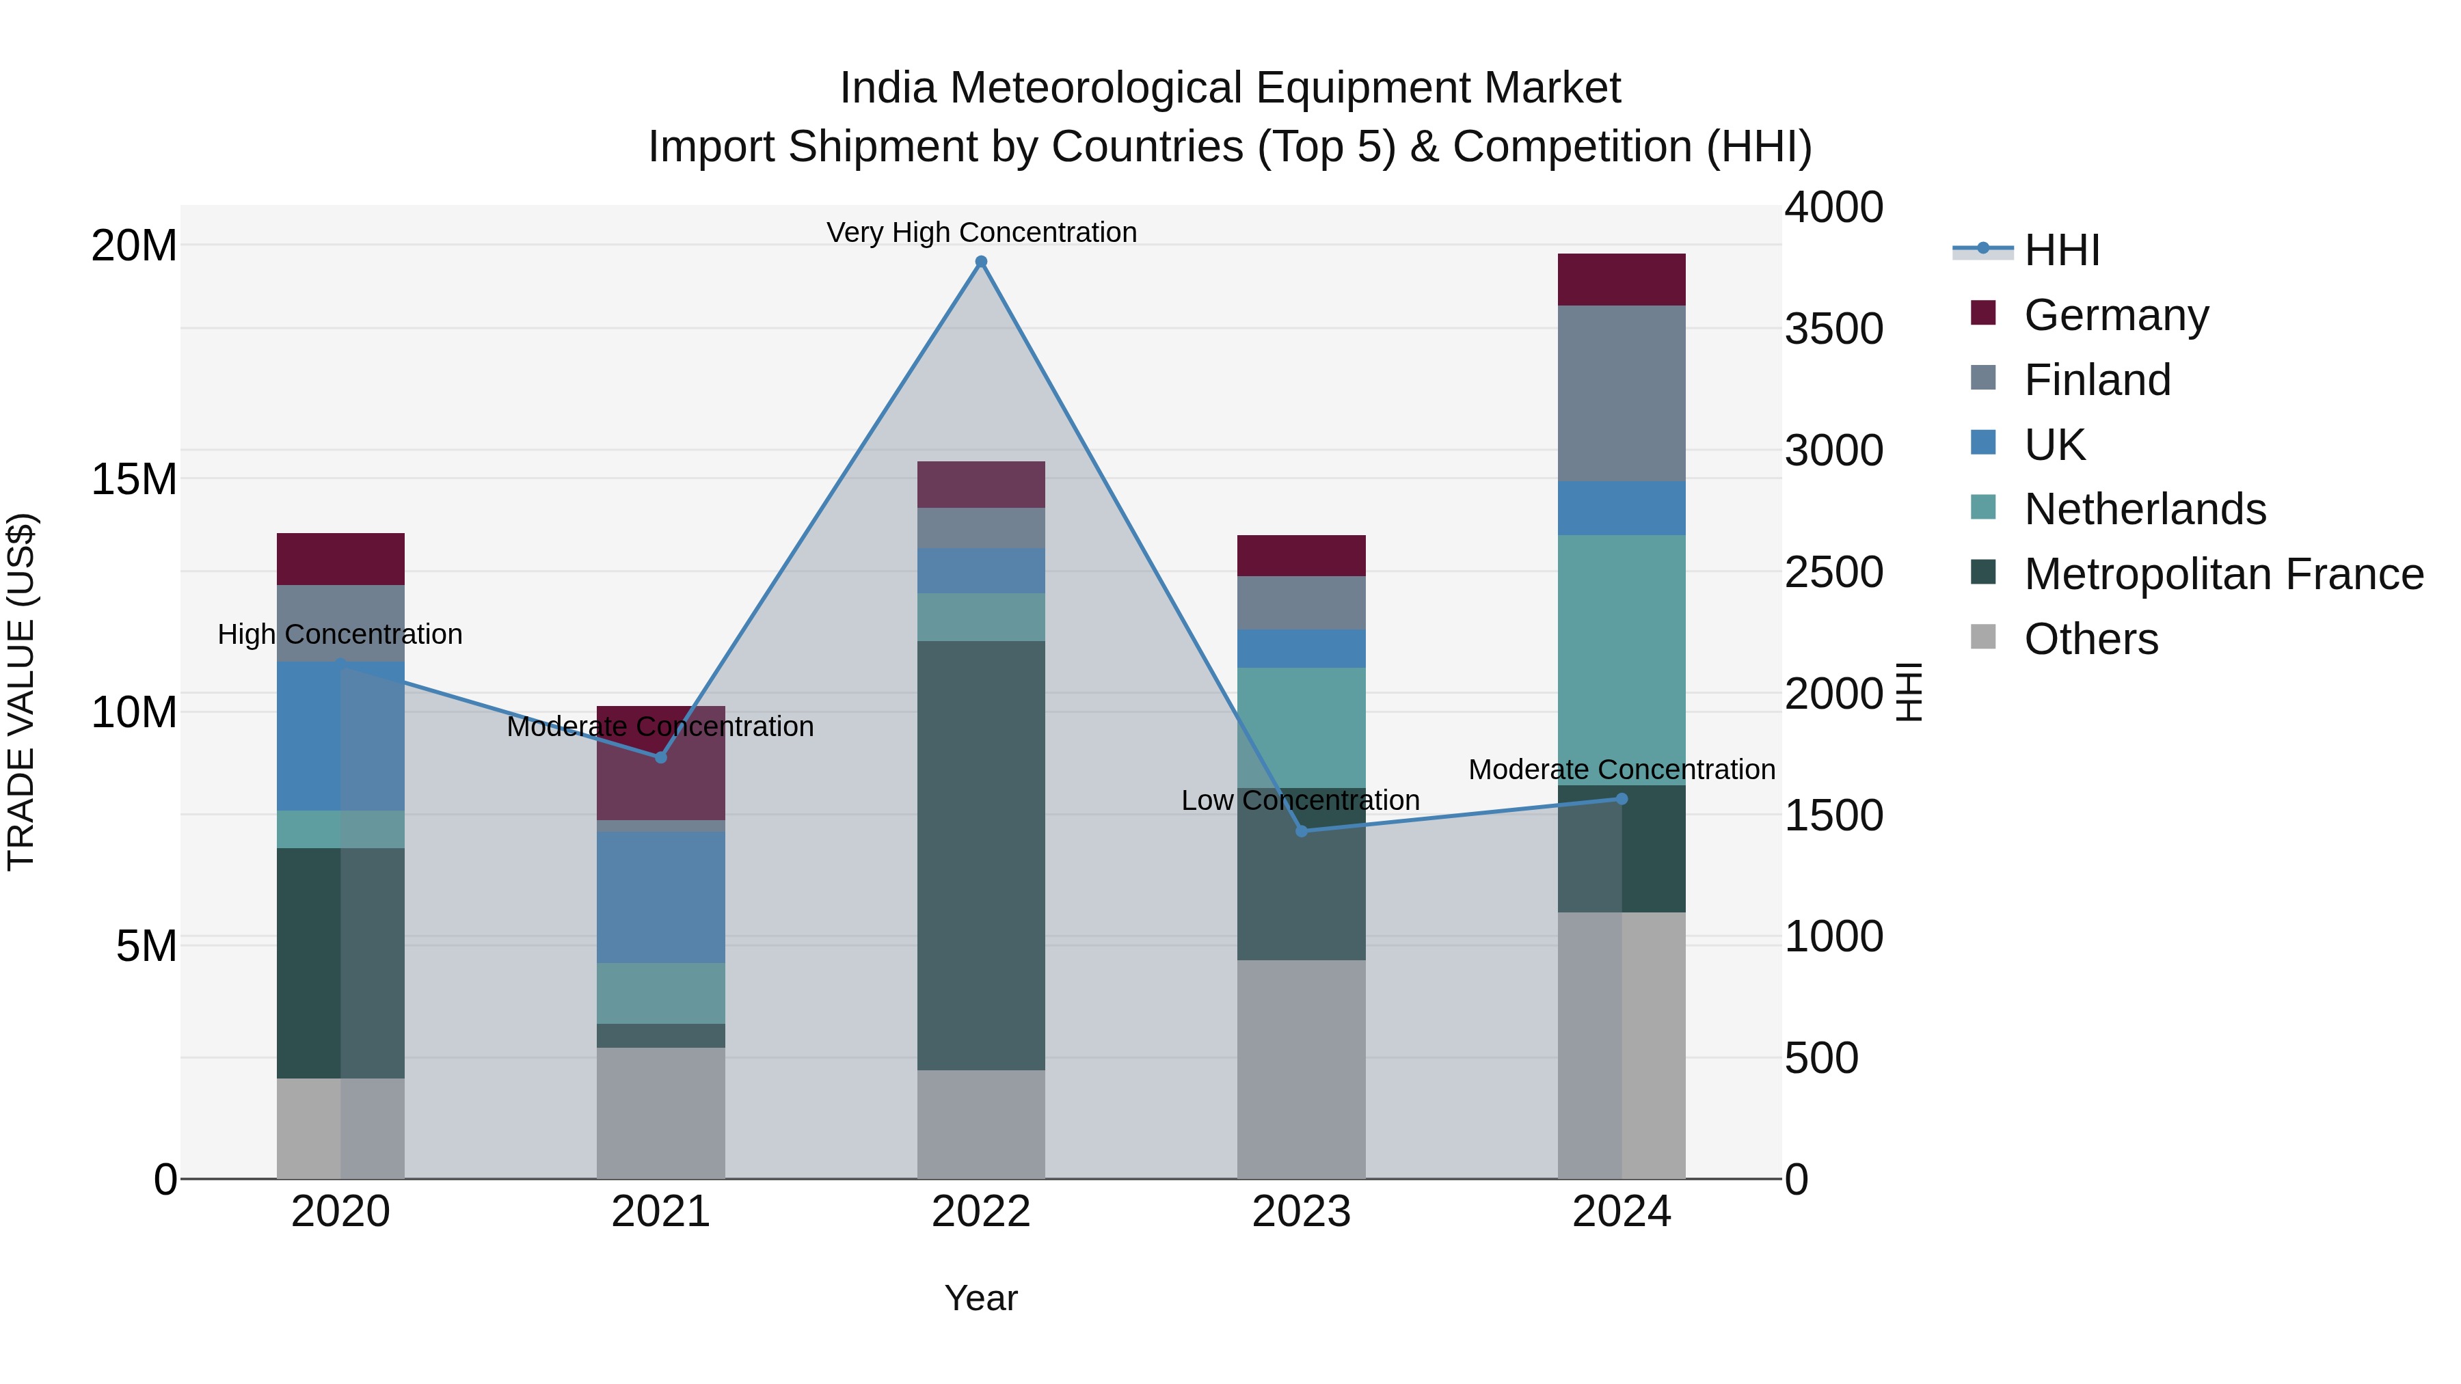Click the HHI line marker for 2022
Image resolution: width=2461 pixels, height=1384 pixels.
click(980, 262)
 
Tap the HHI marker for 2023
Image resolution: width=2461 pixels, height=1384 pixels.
click(1301, 831)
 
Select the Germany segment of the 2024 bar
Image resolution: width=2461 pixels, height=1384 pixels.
click(1622, 280)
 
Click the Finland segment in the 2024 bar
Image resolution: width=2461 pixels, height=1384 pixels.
click(1622, 394)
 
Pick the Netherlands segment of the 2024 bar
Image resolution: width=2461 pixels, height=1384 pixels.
click(1622, 659)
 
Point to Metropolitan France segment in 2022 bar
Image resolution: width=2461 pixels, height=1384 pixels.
click(980, 855)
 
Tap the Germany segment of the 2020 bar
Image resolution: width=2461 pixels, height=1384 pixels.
click(340, 559)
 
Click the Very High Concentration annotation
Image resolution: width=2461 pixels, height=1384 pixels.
click(981, 232)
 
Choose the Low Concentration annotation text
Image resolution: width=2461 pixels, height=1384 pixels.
click(1300, 800)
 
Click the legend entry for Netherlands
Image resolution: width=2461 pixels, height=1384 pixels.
click(2144, 509)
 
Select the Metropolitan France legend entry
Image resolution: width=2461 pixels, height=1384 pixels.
click(2222, 574)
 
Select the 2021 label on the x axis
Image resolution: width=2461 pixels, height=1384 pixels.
click(660, 1212)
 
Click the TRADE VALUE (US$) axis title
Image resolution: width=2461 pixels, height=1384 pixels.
click(21, 692)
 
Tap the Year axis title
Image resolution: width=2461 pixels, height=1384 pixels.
click(980, 1298)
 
